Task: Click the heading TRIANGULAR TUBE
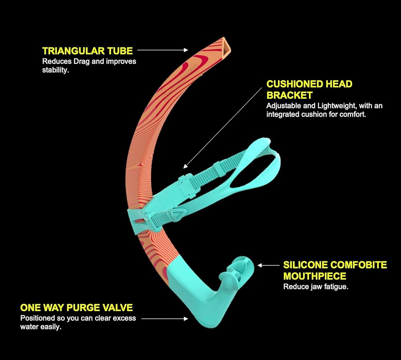87,51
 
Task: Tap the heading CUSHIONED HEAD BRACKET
309,90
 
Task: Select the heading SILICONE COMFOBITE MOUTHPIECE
335,271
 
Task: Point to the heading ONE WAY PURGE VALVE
76,308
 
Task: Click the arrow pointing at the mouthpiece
268,265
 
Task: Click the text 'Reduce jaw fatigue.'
316,287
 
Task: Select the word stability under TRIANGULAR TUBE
55,70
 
